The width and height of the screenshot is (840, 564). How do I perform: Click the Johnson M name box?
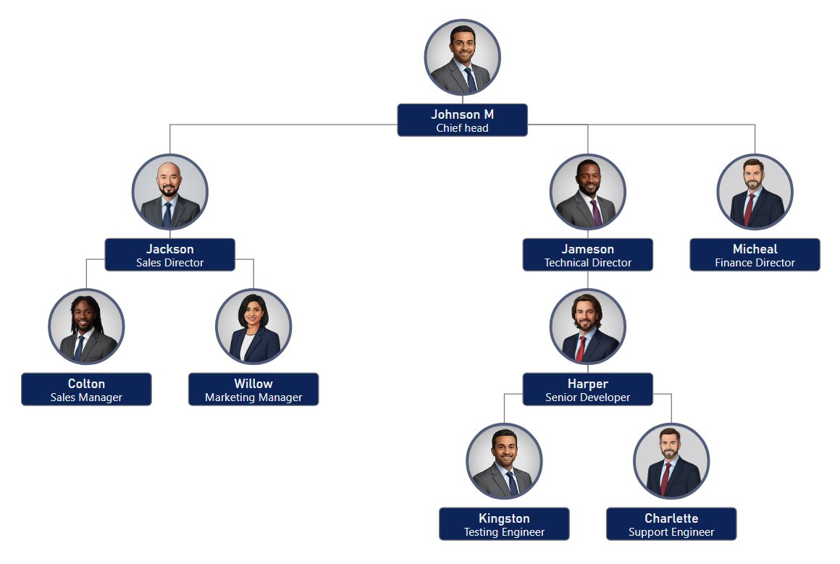pyautogui.click(x=462, y=120)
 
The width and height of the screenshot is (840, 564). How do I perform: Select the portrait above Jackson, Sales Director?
pyautogui.click(x=170, y=192)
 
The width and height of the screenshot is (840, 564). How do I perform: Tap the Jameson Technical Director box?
pyautogui.click(x=587, y=255)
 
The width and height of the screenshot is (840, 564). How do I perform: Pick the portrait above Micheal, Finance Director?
pyautogui.click(x=755, y=192)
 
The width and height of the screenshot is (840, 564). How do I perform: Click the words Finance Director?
pyautogui.click(x=755, y=263)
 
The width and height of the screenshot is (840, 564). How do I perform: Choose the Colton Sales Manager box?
pyautogui.click(x=86, y=390)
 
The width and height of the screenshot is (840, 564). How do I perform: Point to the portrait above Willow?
pyautogui.click(x=253, y=327)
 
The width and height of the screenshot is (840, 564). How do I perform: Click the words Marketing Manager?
pyautogui.click(x=253, y=397)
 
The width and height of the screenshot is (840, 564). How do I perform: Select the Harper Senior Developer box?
pyautogui.click(x=587, y=390)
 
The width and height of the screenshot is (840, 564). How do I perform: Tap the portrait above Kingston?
pyautogui.click(x=504, y=461)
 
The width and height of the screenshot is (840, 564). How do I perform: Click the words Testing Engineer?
pyautogui.click(x=504, y=532)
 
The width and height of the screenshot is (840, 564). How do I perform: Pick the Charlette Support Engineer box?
pyautogui.click(x=671, y=524)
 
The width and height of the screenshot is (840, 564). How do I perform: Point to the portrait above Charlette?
pyautogui.click(x=671, y=461)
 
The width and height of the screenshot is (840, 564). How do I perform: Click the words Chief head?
pyautogui.click(x=462, y=128)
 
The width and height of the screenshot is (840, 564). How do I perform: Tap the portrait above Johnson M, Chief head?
pyautogui.click(x=462, y=57)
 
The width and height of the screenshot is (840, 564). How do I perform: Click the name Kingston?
pyautogui.click(x=504, y=518)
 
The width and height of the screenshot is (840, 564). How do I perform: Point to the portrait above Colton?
pyautogui.click(x=86, y=327)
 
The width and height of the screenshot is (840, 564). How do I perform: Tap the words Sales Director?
pyautogui.click(x=170, y=263)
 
